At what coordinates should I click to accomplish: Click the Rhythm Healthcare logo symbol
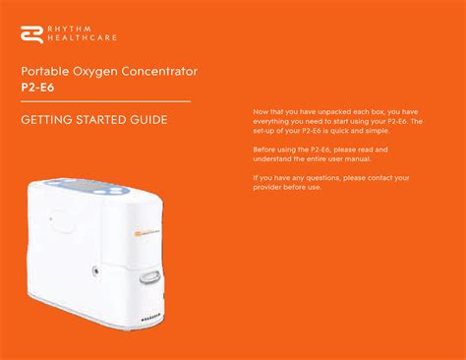[31, 34]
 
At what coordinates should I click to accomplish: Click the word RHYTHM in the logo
[70, 29]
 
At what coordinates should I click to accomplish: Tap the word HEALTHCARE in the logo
[82, 37]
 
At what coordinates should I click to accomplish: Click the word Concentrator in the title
[159, 71]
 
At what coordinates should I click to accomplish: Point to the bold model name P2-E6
[37, 88]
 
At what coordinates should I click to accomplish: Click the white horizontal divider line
[105, 101]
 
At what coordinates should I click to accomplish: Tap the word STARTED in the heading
[101, 120]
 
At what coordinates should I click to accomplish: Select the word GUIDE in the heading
[148, 120]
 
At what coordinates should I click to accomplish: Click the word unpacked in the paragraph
[334, 112]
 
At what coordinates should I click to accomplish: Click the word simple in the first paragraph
[378, 131]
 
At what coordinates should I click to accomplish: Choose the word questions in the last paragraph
[322, 178]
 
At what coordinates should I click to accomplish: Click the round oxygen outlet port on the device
[95, 270]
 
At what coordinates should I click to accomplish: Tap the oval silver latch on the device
[149, 277]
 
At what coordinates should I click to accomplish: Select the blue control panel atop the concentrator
[86, 186]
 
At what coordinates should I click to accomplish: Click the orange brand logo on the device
[138, 233]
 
